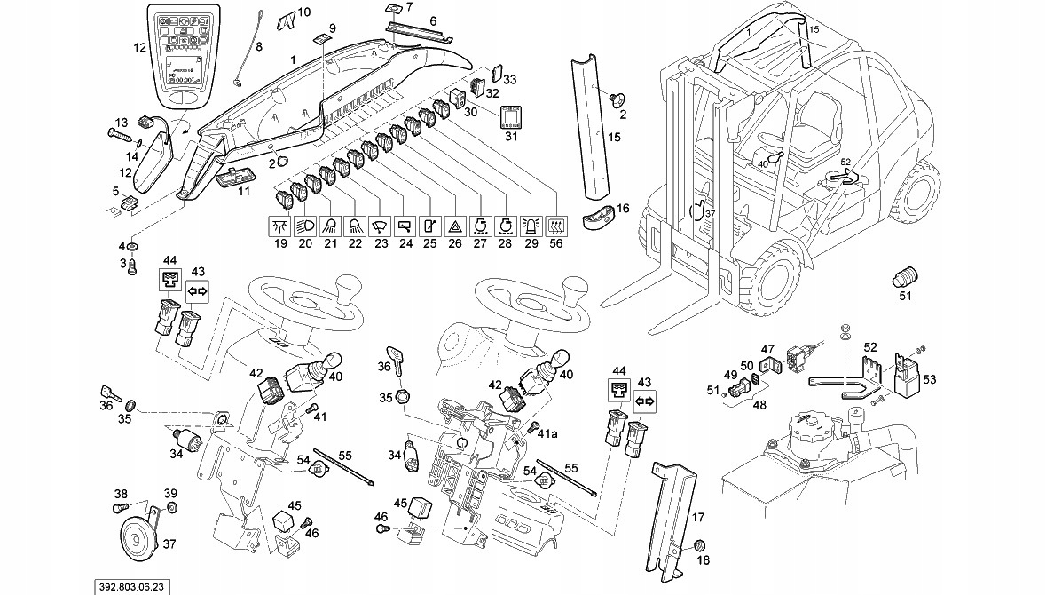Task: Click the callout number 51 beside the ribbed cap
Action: click(x=905, y=297)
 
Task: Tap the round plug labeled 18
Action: click(x=698, y=544)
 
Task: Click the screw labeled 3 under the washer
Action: click(x=133, y=264)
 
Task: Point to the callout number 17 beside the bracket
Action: click(x=697, y=517)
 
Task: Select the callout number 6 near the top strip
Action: click(x=432, y=20)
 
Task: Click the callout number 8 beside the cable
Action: click(x=259, y=45)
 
